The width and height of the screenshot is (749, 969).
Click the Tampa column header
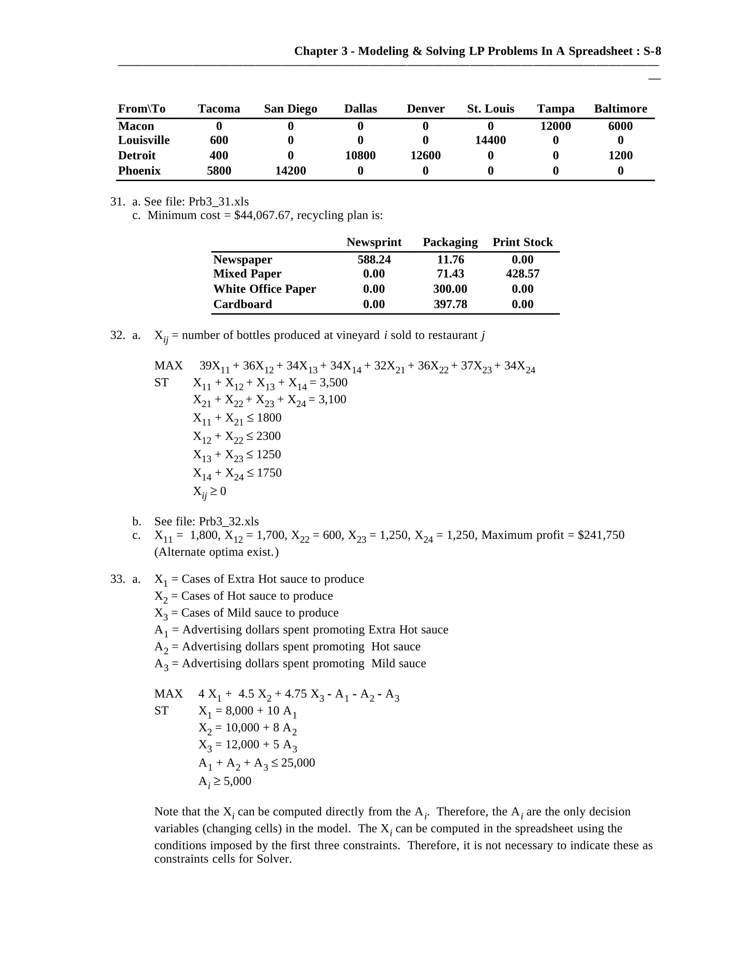555,109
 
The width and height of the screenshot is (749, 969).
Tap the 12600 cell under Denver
425,156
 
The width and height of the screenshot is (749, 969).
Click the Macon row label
136,126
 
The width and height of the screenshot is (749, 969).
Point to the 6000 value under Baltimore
620,126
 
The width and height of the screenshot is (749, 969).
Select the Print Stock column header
522,242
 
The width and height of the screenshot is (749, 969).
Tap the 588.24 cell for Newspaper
374,260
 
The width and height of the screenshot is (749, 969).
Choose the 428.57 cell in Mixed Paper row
522,274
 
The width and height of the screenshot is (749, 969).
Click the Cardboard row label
242,304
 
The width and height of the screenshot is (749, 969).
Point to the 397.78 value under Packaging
450,304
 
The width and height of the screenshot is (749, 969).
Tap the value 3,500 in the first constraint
333,382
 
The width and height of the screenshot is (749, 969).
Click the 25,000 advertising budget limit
298,763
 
